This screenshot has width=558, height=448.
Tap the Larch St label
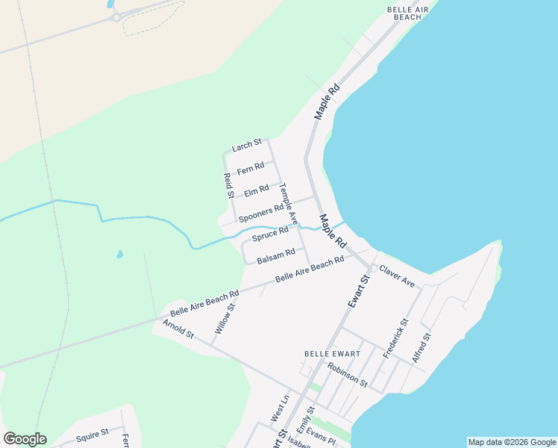(x=246, y=146)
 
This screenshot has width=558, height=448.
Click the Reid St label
(x=229, y=185)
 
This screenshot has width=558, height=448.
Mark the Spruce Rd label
(x=269, y=235)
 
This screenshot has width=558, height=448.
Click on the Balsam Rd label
(x=276, y=258)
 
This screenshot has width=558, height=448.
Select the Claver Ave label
(x=397, y=276)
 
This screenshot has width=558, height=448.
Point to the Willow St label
(x=225, y=318)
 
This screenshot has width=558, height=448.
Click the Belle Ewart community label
(x=333, y=353)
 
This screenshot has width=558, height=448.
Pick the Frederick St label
(x=395, y=338)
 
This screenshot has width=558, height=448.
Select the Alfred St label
(x=425, y=347)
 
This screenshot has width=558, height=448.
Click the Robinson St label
(x=348, y=375)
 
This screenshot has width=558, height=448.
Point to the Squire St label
(x=92, y=432)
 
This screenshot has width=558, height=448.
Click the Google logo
(x=25, y=439)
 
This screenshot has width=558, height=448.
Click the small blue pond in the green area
(x=119, y=255)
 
